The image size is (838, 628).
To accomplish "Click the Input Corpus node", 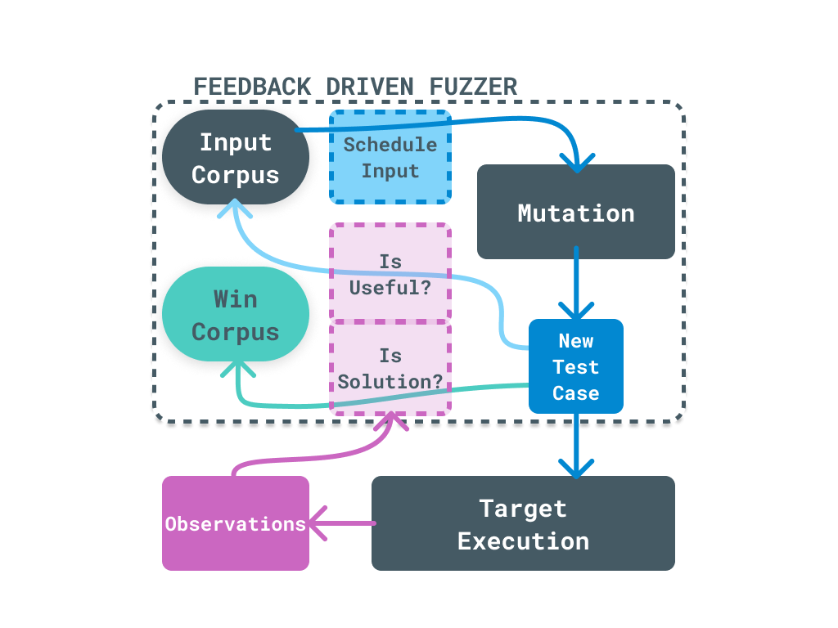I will [x=235, y=158].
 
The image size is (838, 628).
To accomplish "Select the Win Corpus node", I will [x=235, y=315].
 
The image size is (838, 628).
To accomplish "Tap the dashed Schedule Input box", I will [x=390, y=157].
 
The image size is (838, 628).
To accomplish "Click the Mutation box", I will [x=575, y=213].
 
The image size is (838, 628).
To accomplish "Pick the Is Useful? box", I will [x=390, y=273].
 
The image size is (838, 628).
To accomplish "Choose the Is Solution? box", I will [x=390, y=369].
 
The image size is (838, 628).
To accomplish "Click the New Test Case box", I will [x=575, y=366].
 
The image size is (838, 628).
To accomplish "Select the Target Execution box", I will [x=523, y=523].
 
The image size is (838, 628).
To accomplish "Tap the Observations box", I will [x=235, y=523].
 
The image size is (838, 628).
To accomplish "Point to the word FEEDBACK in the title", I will [x=252, y=87].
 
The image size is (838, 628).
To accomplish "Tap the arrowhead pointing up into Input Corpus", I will [x=235, y=211].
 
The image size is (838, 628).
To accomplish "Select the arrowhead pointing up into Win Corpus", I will [x=237, y=370].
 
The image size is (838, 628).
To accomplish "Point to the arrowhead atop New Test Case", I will [x=576, y=312].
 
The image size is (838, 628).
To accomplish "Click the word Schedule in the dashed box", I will [x=390, y=145].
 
